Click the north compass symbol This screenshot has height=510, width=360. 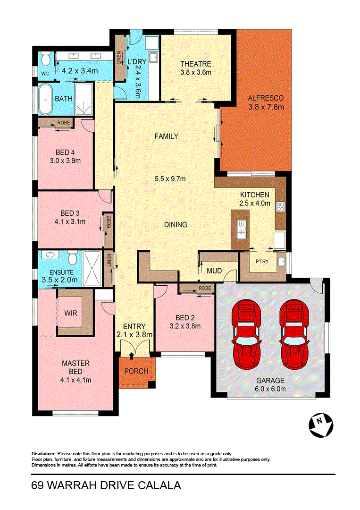(321, 425)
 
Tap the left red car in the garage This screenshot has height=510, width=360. (246, 335)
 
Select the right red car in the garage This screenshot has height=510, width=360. (294, 335)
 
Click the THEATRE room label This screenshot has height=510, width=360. (196, 64)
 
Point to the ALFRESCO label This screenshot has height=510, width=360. (266, 98)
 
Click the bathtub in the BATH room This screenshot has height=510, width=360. (45, 99)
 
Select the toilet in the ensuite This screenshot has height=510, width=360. (72, 258)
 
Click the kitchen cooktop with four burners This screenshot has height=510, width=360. (280, 206)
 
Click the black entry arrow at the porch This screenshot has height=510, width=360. (131, 356)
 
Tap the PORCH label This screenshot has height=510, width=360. (136, 371)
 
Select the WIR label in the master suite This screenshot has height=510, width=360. (70, 313)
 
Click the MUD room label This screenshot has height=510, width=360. (214, 271)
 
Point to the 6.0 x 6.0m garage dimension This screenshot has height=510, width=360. (271, 389)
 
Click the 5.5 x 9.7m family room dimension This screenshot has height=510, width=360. (170, 178)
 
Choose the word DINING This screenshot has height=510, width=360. (176, 225)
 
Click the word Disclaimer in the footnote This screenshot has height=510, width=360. (43, 454)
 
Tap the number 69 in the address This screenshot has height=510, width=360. (37, 485)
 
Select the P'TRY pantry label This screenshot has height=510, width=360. (262, 261)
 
